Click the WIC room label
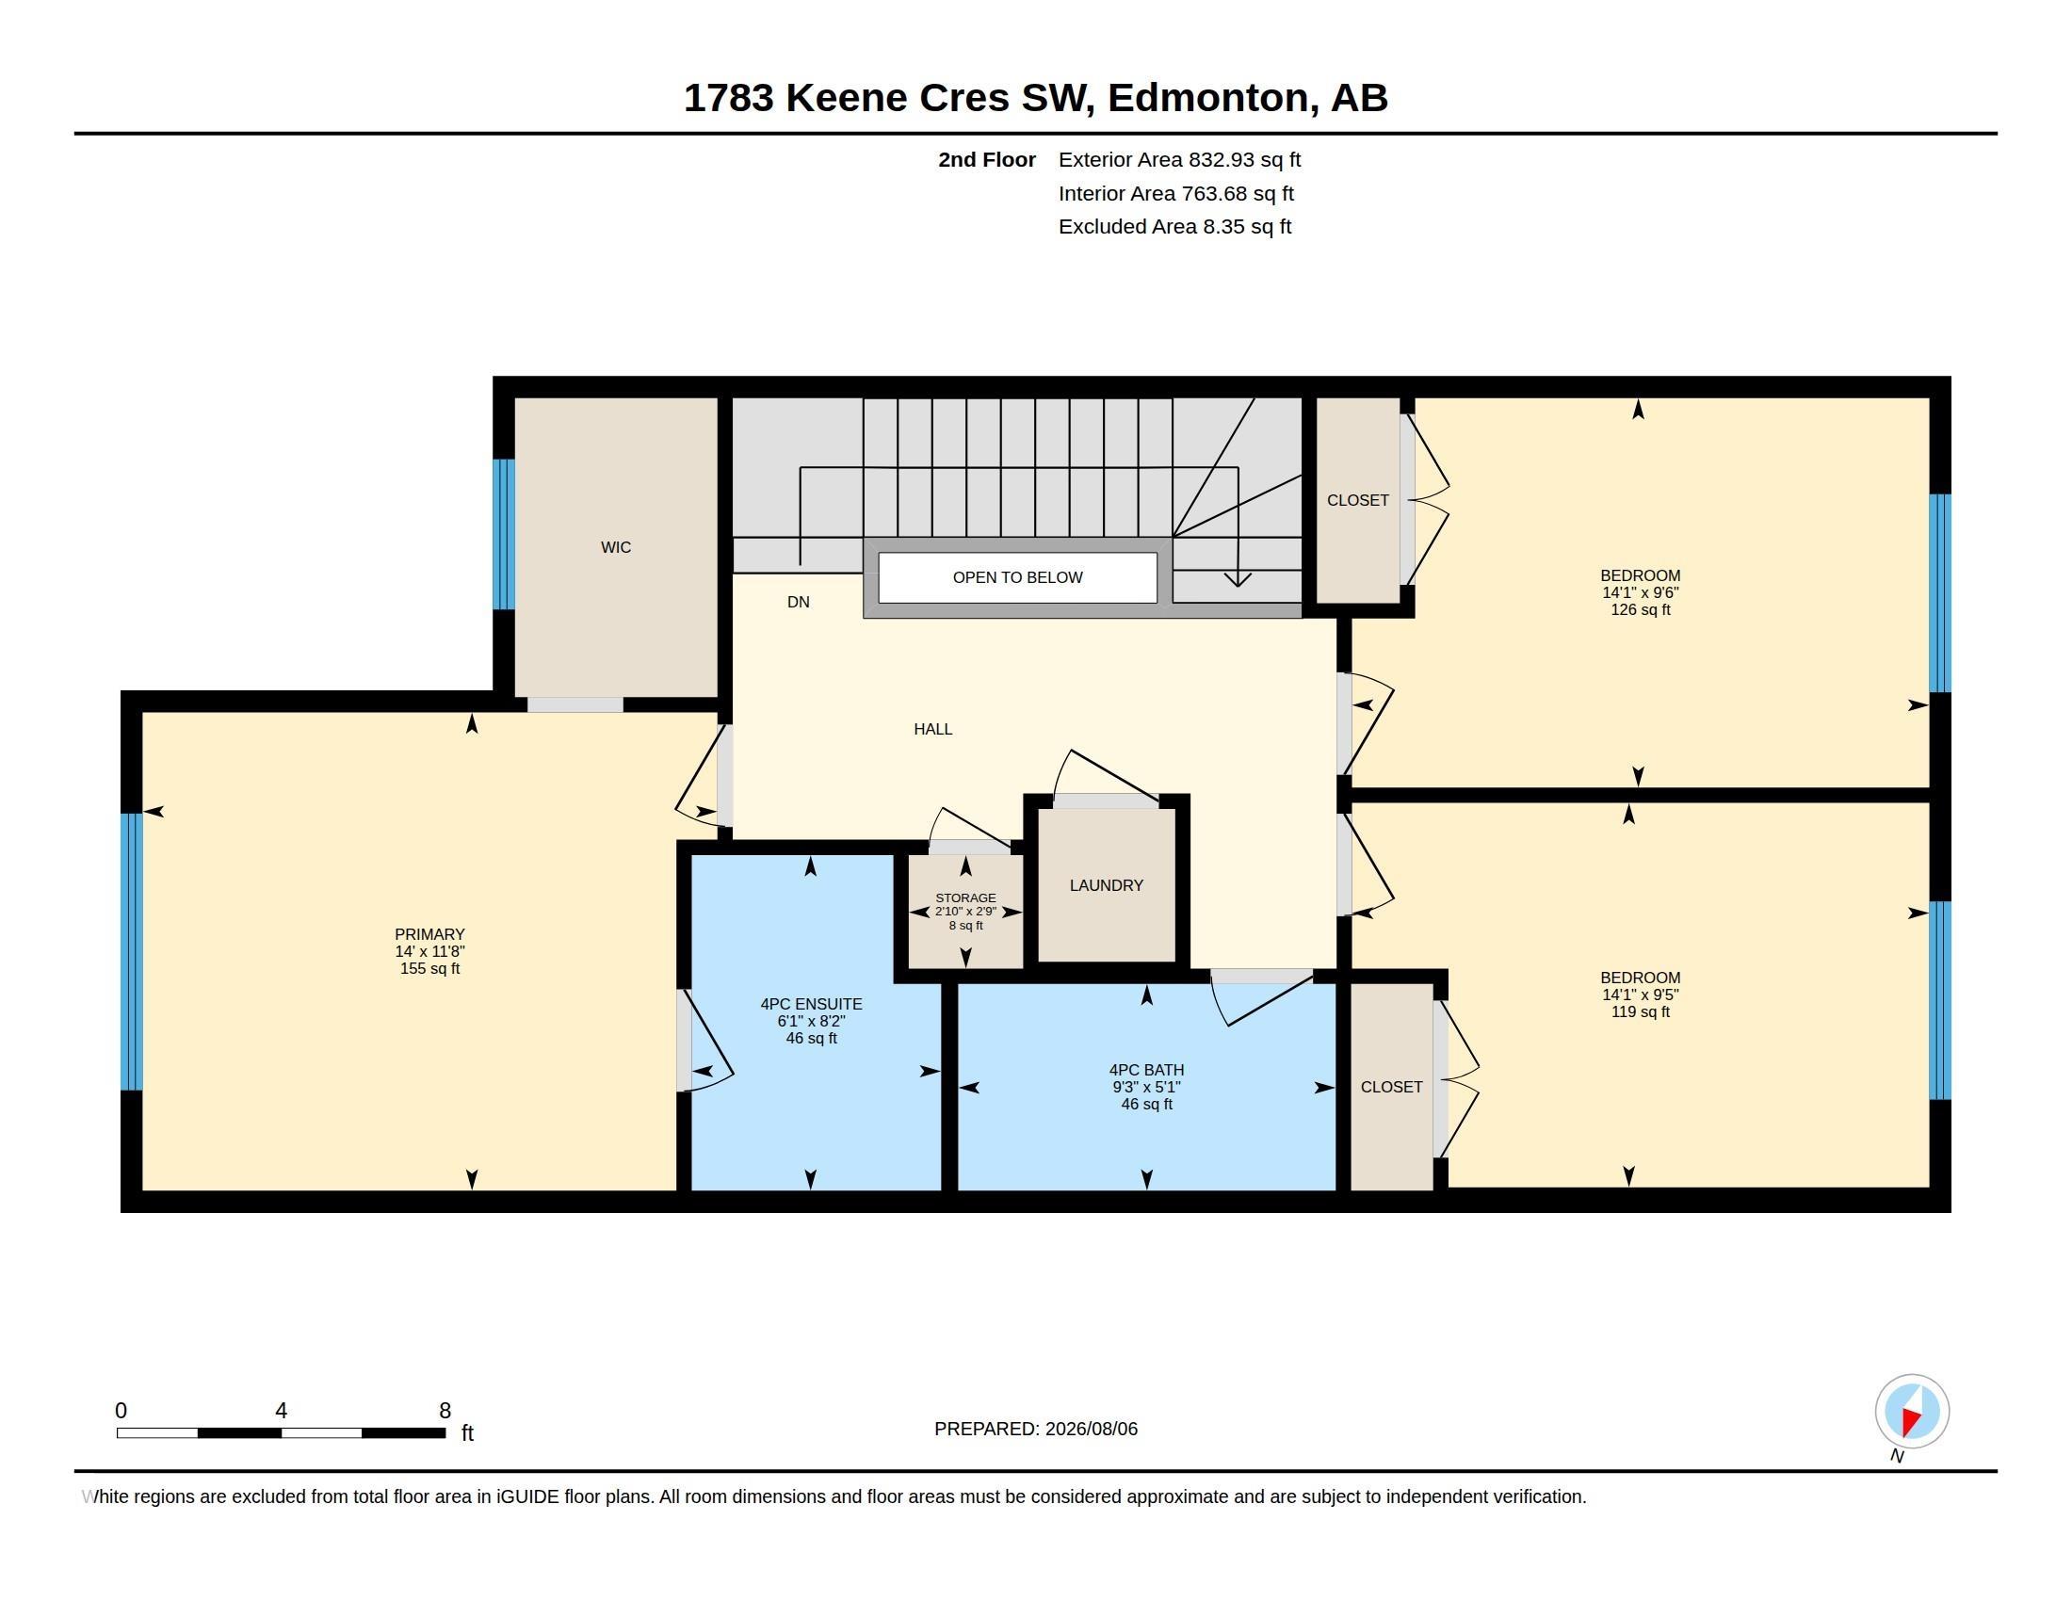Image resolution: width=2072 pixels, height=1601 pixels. point(616,547)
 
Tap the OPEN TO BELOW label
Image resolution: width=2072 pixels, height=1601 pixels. point(1017,577)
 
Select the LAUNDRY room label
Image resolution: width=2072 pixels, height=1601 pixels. point(1107,885)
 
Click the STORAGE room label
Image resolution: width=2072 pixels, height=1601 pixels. point(965,898)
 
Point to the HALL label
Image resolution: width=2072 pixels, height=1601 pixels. point(932,728)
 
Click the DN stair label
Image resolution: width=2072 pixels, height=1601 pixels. point(798,602)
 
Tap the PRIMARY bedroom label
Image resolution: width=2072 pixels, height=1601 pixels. point(429,934)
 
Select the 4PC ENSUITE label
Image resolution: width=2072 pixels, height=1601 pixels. point(811,1004)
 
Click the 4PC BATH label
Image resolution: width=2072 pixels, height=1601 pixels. point(1146,1070)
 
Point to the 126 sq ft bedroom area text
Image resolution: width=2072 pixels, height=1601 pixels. point(1641,609)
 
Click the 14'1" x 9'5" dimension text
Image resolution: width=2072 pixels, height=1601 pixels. point(1641,995)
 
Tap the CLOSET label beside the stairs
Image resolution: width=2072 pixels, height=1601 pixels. point(1357,500)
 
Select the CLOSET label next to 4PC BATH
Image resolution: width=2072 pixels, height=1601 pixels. point(1391,1087)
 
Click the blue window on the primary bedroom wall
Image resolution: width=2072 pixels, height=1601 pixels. point(132,951)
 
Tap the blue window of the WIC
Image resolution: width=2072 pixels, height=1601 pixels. point(504,534)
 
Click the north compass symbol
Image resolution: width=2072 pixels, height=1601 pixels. point(1912,1412)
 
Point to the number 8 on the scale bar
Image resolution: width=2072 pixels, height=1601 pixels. point(445,1411)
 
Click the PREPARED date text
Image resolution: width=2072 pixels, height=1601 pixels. point(1036,1429)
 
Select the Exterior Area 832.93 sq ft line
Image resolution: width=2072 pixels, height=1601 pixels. point(1179,159)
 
